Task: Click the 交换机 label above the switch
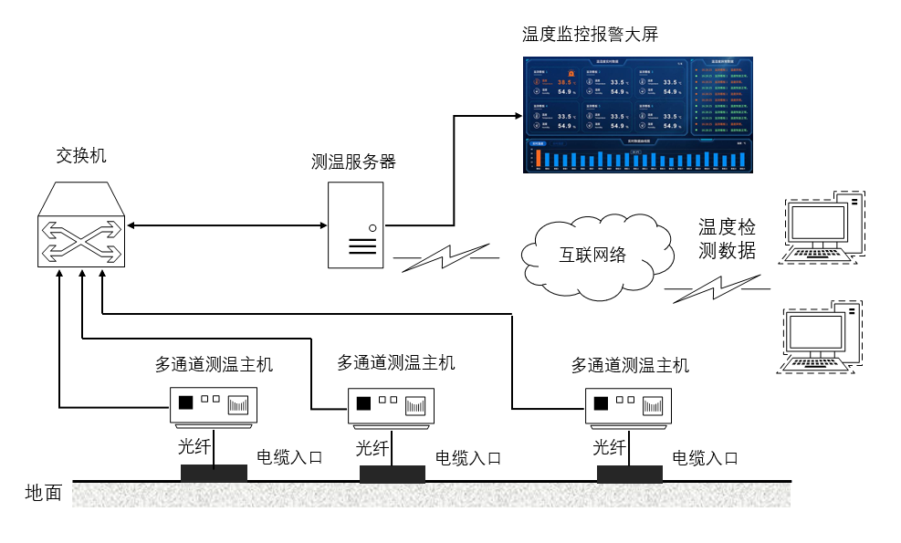tap(80, 156)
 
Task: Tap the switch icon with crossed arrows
tap(80, 225)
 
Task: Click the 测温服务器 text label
tap(353, 162)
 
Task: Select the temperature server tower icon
tap(356, 225)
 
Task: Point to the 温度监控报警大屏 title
tap(590, 35)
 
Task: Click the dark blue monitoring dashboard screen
tap(639, 115)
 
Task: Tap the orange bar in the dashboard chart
tap(539, 158)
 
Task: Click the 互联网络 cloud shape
tap(592, 255)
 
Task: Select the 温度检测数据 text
tap(728, 238)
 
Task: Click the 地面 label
tap(44, 494)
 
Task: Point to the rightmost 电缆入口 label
tap(705, 458)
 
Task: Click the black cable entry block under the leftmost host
tap(214, 473)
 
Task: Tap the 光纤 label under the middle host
tap(372, 448)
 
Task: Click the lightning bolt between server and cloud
tap(446, 258)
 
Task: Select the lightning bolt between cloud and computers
tap(717, 289)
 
